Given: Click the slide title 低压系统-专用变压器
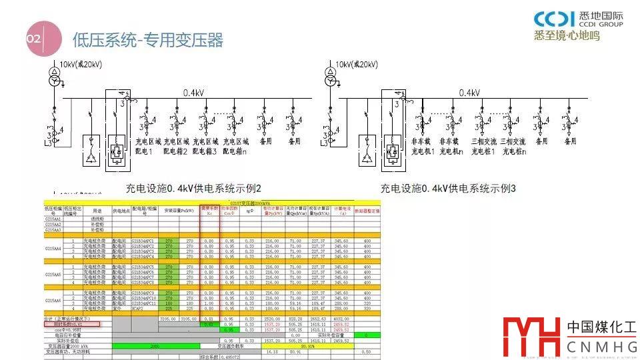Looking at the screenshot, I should [x=147, y=41].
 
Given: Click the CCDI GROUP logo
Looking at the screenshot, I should [x=578, y=20].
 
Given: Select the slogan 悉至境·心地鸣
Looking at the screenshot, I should [x=567, y=35].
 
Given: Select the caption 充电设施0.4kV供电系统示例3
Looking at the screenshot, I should [x=448, y=189].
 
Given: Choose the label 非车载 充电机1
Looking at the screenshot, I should [x=424, y=147].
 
